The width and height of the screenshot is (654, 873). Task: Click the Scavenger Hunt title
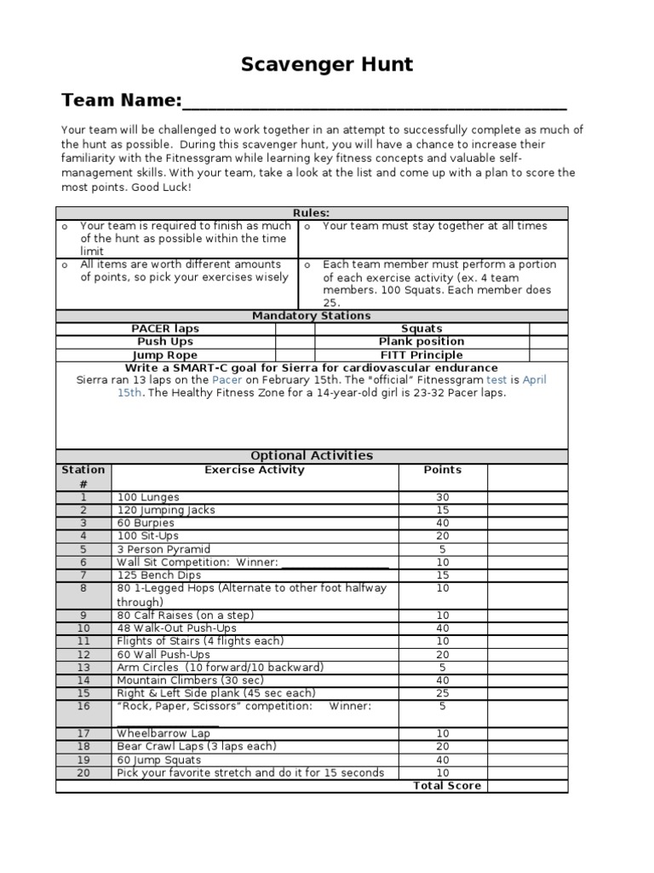[327, 64]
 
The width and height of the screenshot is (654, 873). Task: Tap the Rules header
[312, 213]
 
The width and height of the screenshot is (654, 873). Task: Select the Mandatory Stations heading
[312, 316]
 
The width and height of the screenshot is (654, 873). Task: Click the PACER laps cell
[165, 329]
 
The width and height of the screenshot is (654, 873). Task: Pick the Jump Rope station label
[165, 356]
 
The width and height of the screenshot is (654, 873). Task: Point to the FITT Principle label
[422, 356]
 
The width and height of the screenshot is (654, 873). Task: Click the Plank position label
[422, 342]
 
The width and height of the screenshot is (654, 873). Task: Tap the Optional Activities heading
[312, 456]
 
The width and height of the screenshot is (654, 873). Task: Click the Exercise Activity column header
[255, 471]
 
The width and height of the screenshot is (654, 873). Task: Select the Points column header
[443, 471]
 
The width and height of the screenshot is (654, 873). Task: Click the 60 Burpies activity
[146, 523]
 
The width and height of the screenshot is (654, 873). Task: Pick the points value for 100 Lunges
[443, 497]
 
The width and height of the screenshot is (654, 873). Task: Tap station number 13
[83, 668]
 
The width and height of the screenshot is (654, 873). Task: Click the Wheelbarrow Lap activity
[153, 733]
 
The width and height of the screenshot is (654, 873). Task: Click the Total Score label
[447, 786]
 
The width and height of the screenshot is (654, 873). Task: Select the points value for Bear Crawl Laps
[443, 747]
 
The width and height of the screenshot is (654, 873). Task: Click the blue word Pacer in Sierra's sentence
[227, 380]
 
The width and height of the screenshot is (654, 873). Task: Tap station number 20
[83, 773]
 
